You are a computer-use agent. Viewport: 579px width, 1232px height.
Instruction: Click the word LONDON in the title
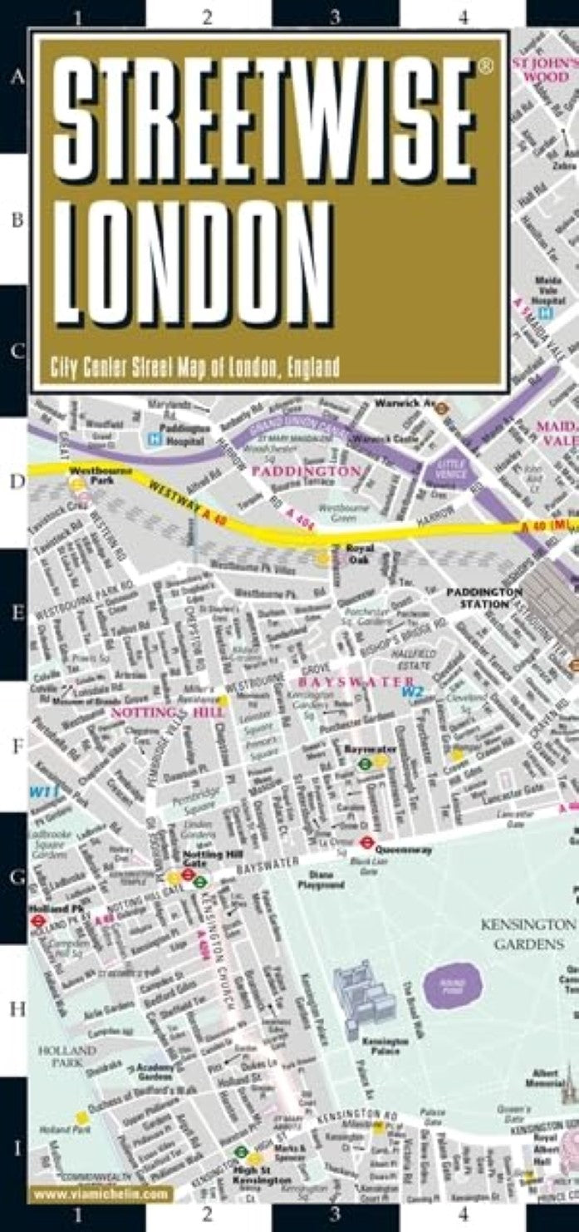197,262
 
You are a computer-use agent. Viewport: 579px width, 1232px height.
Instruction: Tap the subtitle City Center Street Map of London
194,367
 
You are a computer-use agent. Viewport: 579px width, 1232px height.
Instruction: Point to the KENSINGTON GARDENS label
527,934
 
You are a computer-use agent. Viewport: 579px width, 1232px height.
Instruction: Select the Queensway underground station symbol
366,842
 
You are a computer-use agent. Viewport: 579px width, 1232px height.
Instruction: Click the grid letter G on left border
13,875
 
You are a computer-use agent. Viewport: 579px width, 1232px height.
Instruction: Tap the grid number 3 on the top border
334,16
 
